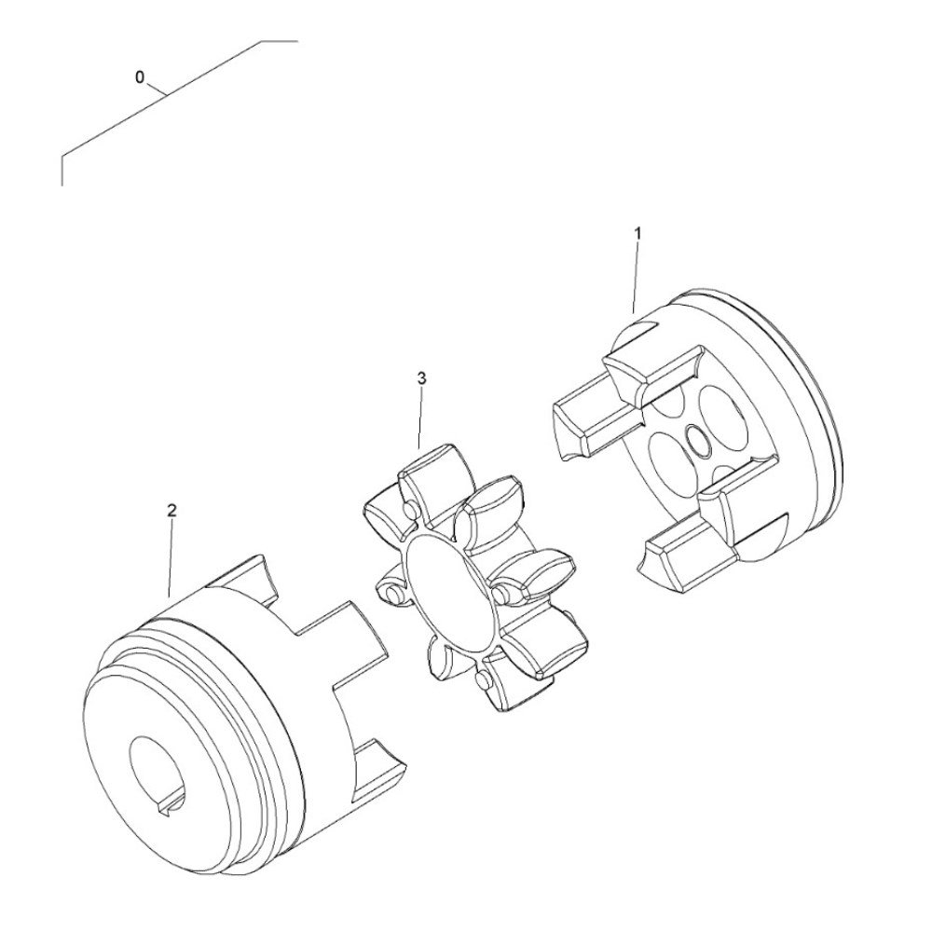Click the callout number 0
tap(140, 77)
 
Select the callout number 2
tap(171, 510)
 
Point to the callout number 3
tap(422, 378)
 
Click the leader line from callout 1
tap(636, 278)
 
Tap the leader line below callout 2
tap(171, 558)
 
